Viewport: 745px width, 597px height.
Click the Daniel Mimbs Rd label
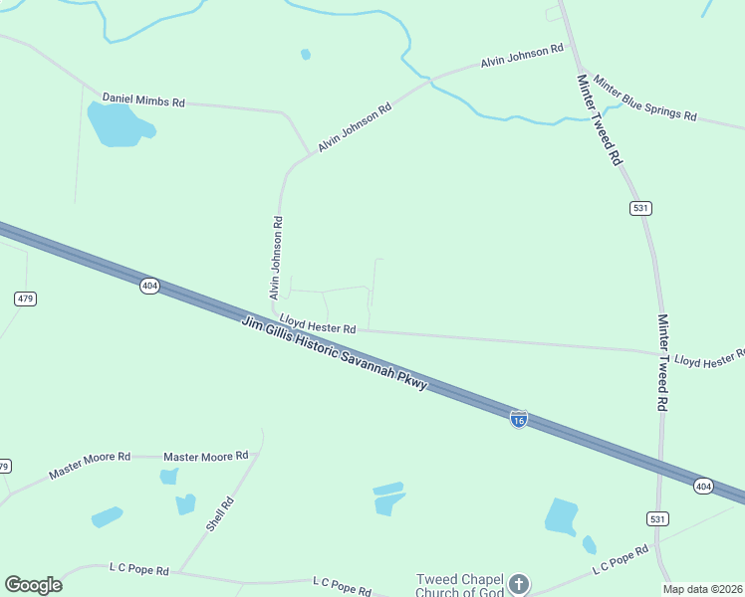(144, 100)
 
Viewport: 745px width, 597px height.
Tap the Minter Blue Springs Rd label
(644, 98)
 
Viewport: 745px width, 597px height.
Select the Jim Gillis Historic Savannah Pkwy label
(334, 352)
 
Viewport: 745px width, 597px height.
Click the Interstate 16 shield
(518, 420)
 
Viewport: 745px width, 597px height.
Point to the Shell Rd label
(220, 514)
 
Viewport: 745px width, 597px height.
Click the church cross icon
(518, 584)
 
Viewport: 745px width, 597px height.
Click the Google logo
(33, 585)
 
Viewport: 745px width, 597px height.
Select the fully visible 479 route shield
(26, 298)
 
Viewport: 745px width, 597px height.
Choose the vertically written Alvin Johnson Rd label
(276, 259)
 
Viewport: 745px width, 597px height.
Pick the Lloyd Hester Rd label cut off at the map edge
(708, 359)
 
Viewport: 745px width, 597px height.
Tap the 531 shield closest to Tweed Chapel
(656, 519)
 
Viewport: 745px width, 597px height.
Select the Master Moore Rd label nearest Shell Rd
(205, 456)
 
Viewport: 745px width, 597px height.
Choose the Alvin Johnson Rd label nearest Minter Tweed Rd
(523, 56)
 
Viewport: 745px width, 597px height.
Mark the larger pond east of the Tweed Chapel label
(561, 515)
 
